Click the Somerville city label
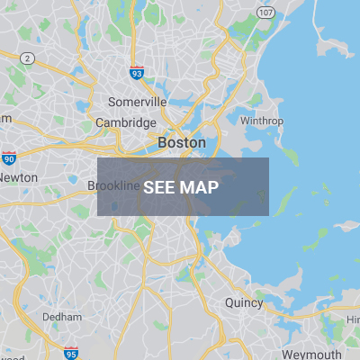pyautogui.click(x=132, y=102)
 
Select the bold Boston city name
pyautogui.click(x=181, y=142)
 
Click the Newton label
pyautogui.click(x=18, y=177)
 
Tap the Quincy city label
pyautogui.click(x=243, y=303)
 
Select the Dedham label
pyautogui.click(x=62, y=317)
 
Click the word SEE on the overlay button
pyautogui.click(x=159, y=187)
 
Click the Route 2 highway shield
pyautogui.click(x=29, y=58)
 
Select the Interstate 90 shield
pyautogui.click(x=9, y=157)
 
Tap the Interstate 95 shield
pyautogui.click(x=70, y=351)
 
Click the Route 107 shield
pyautogui.click(x=265, y=12)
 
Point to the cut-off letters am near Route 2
pyautogui.click(x=5, y=118)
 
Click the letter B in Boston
pyautogui.click(x=162, y=142)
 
